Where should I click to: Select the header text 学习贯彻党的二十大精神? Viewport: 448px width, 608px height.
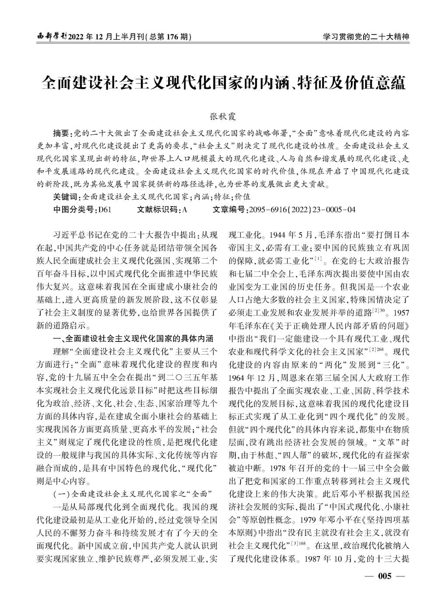366,37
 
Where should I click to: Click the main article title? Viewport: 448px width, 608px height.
224,82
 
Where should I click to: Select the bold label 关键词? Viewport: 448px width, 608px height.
65,197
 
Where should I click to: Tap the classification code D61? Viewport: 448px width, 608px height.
105,210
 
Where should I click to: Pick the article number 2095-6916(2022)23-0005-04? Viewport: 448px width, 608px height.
302,210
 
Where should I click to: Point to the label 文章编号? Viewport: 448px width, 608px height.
229,210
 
